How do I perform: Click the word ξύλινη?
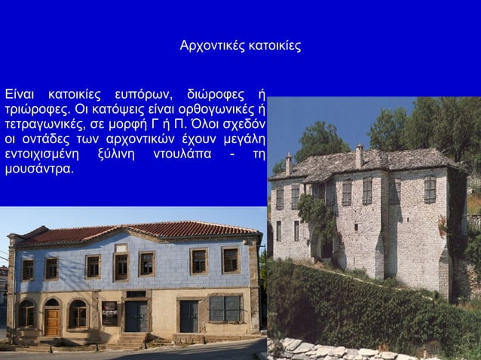pos(115,154)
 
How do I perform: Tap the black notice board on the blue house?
pos(110,313)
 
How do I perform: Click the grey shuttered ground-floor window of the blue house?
pos(226,309)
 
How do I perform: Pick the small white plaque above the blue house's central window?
pos(121,248)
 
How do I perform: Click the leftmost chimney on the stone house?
pos(288,163)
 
